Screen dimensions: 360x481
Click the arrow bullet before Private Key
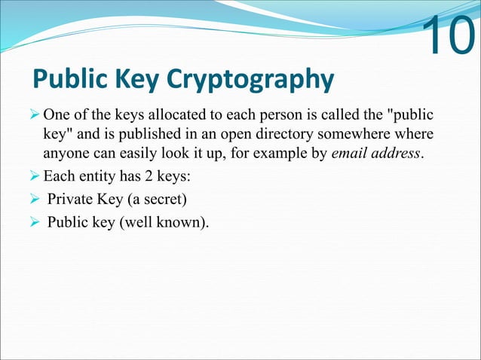tap(35, 201)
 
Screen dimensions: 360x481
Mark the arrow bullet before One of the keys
tap(35, 117)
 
